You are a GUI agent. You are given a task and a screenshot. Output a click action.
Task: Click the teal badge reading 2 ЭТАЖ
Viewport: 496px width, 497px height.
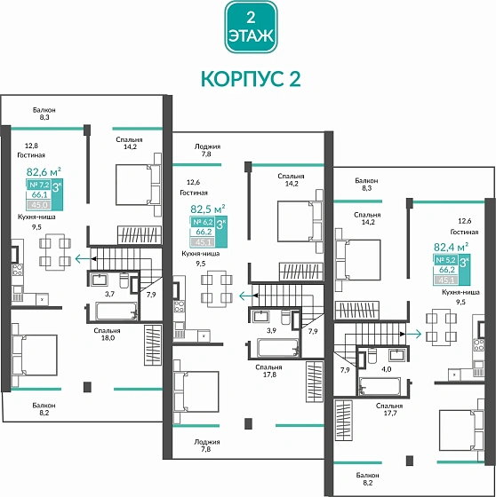pos(248,27)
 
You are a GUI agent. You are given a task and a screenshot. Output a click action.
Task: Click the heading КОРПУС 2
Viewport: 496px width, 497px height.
pos(248,78)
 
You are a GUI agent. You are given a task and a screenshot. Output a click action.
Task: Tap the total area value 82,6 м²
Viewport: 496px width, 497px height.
pos(44,172)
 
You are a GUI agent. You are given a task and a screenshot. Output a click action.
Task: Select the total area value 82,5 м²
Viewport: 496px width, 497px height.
pos(208,209)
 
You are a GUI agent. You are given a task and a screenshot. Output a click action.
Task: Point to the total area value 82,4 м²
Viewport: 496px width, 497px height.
pos(451,248)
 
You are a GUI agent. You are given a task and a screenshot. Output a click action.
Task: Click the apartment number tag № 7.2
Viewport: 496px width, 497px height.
pos(39,184)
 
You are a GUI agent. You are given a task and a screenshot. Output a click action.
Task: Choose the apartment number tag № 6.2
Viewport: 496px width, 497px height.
pos(203,223)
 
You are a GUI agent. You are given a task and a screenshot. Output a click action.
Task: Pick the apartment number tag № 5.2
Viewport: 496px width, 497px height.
pos(445,260)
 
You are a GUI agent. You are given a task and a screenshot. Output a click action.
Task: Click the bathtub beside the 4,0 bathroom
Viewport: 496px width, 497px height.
pos(384,385)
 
